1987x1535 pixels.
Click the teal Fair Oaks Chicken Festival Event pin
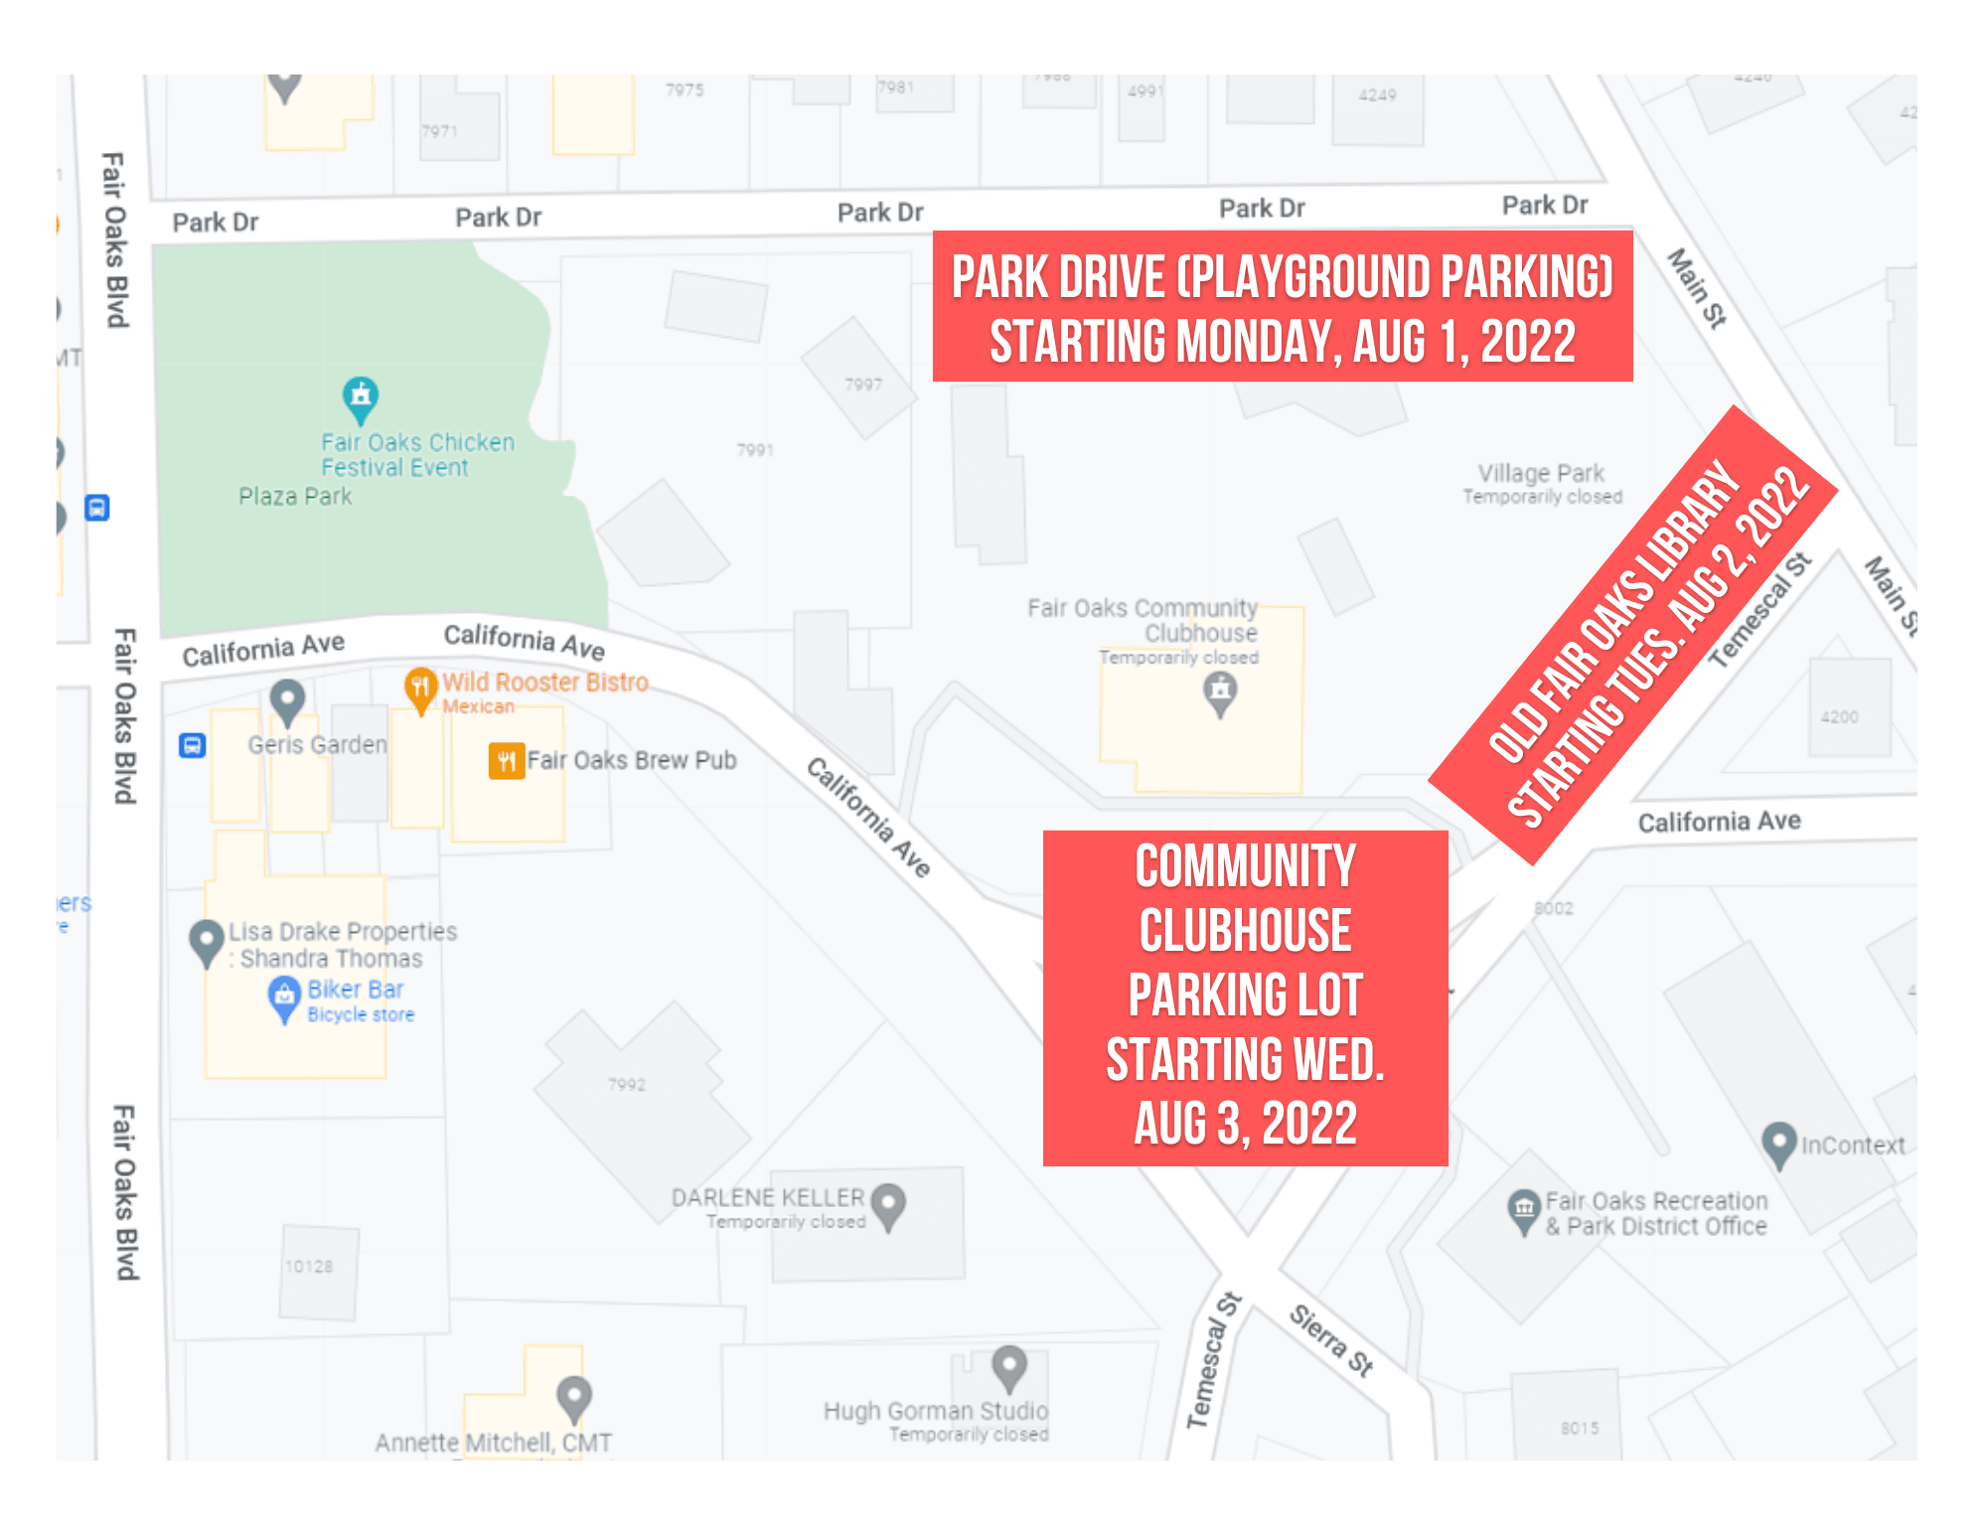[x=361, y=398]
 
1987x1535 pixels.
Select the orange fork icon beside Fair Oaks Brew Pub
[x=507, y=761]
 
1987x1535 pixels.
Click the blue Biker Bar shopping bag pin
[x=284, y=997]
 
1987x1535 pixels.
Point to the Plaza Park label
[x=295, y=497]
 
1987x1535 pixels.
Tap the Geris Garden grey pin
[x=288, y=700]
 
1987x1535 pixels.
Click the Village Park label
[x=1541, y=473]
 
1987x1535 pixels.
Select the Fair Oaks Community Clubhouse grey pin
[x=1220, y=691]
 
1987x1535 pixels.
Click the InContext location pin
[x=1778, y=1144]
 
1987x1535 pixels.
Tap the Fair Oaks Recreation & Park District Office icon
[x=1524, y=1210]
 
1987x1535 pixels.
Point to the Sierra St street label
[x=1331, y=1340]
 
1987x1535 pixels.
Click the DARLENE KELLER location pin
[x=888, y=1204]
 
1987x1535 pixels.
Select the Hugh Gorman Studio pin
[x=1009, y=1367]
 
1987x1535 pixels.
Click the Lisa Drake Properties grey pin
[x=207, y=941]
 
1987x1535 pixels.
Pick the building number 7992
[x=627, y=1085]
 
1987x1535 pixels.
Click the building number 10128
[x=309, y=1267]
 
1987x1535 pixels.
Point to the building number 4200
[x=1839, y=717]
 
